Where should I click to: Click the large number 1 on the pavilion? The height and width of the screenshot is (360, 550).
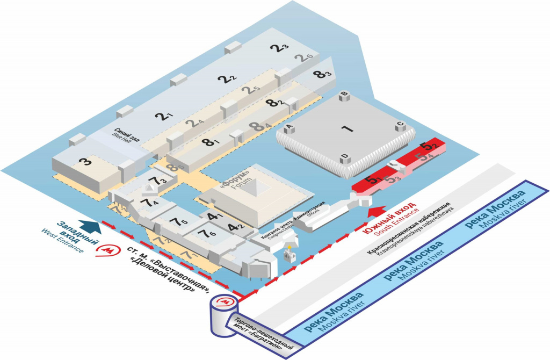[x=347, y=128]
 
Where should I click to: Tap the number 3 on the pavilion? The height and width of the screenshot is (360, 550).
[x=85, y=161]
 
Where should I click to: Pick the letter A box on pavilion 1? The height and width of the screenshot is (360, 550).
[x=289, y=127]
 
